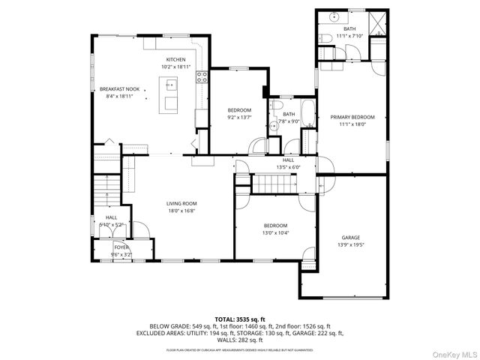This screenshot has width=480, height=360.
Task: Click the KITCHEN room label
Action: click(175, 60)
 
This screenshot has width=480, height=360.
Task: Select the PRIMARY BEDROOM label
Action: click(352, 117)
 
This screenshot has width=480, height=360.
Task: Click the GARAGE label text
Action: click(351, 237)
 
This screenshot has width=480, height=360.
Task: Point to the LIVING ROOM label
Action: click(181, 203)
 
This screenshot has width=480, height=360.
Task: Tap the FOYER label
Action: click(121, 247)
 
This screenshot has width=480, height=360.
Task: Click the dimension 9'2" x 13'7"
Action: click(239, 118)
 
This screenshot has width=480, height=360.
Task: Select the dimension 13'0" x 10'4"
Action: click(275, 232)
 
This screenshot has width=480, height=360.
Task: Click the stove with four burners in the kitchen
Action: click(202, 75)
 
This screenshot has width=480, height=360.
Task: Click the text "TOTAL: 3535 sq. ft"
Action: click(240, 319)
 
